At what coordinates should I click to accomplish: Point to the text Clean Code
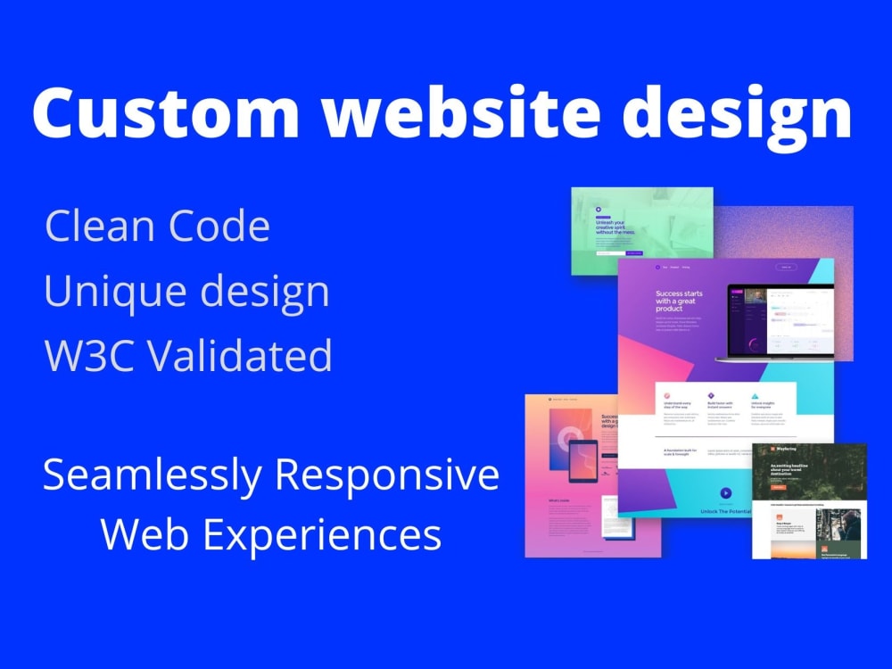pyautogui.click(x=157, y=227)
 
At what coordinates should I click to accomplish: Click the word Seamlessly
pyautogui.click(x=153, y=475)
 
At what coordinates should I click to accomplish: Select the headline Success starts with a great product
pyautogui.click(x=682, y=301)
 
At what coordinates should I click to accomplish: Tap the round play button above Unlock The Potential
pyautogui.click(x=725, y=492)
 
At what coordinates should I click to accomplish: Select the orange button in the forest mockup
pyautogui.click(x=778, y=487)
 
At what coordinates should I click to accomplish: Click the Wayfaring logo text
pyautogui.click(x=786, y=450)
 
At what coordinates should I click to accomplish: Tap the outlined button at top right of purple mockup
pyautogui.click(x=785, y=266)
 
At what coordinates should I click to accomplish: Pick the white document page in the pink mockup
pyautogui.click(x=616, y=516)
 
